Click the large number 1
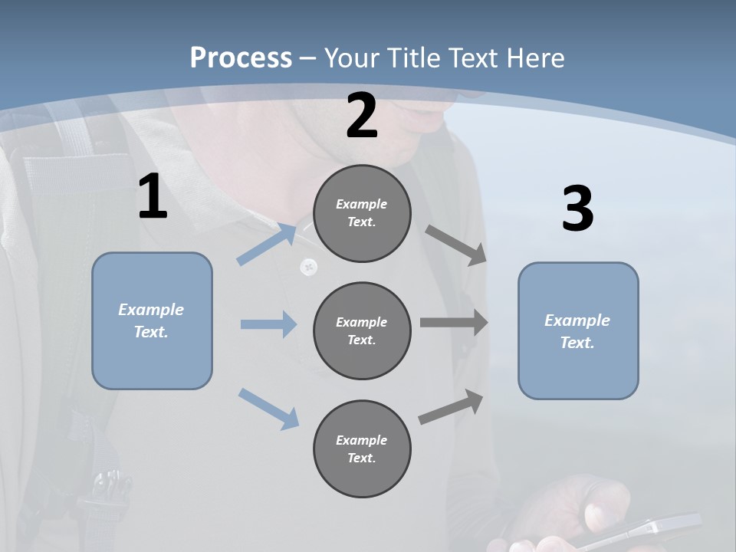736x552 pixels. coord(152,197)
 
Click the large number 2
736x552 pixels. coord(362,116)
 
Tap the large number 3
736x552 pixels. coord(577,209)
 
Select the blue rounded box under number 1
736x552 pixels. coord(152,320)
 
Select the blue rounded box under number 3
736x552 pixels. coord(577,330)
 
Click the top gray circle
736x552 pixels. coord(362,213)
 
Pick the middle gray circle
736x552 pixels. coord(362,330)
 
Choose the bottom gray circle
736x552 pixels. coord(362,449)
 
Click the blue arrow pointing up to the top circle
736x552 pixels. coord(266,244)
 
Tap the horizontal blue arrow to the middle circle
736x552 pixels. coord(268,324)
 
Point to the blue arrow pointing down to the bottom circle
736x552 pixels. coord(268,408)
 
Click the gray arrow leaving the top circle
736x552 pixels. coord(456,245)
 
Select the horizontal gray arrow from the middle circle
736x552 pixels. coord(454,323)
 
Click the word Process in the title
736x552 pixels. coord(241,58)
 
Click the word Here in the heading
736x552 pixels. coord(535,58)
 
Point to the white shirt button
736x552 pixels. coord(309,266)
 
